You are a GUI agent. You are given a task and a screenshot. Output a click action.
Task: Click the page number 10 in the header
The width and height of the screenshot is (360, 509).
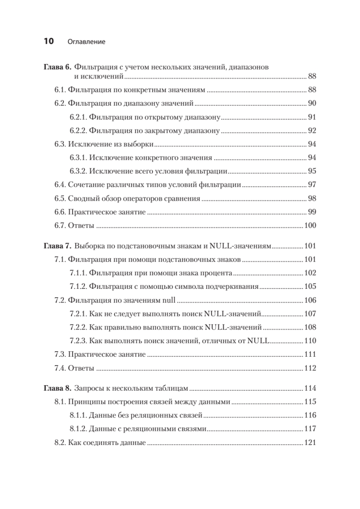(x=48, y=42)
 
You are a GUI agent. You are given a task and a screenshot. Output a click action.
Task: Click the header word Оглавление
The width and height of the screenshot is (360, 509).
(x=86, y=42)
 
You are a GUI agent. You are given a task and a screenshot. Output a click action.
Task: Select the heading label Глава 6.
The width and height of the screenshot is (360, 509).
(x=58, y=67)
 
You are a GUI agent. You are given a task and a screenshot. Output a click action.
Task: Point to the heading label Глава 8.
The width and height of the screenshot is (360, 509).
(x=58, y=388)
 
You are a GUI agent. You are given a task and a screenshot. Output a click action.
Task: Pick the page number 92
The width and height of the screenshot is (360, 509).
(x=312, y=131)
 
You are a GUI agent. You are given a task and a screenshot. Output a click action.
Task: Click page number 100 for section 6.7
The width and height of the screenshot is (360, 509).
(x=310, y=225)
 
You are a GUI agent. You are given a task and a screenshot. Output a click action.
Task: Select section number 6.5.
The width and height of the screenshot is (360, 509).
(x=60, y=198)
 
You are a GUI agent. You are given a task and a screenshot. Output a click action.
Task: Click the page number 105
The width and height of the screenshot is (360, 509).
(x=310, y=287)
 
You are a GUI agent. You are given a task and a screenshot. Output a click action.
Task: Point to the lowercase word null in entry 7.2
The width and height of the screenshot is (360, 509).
(x=169, y=300)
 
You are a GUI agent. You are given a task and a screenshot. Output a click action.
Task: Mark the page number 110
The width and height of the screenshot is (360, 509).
(x=310, y=341)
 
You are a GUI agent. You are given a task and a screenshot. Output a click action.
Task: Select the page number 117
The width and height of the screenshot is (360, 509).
(x=310, y=429)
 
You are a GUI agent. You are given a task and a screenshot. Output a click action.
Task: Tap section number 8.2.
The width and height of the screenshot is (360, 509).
(x=60, y=442)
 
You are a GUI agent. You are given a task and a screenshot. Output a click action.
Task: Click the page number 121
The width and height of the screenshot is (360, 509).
(x=310, y=442)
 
